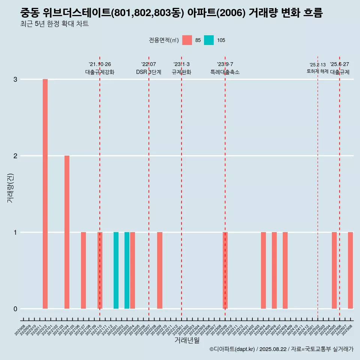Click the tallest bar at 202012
45,194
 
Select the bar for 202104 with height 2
67,232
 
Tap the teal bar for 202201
116,270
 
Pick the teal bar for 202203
127,270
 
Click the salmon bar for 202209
160,270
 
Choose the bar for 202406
274,270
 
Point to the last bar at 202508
350,270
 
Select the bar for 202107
83,270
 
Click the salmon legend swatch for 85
187,40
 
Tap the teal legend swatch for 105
209,40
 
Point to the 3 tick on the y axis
15,79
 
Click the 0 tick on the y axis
15,309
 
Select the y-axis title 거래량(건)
10,188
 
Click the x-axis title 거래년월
187,340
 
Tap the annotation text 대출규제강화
100,72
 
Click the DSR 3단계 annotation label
148,72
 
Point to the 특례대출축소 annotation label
225,72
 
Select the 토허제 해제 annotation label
318,71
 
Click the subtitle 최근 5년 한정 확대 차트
55,24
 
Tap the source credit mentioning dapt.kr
281,349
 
